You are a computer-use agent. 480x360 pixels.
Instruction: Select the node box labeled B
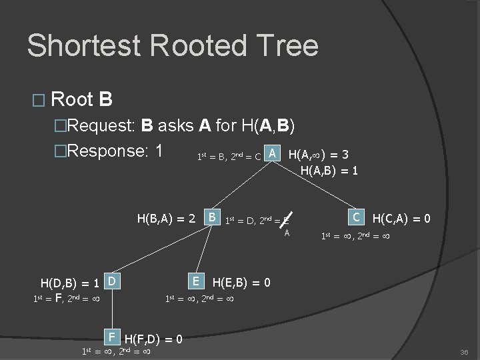pyautogui.click(x=211, y=217)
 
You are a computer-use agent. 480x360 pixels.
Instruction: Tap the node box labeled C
pyautogui.click(x=357, y=217)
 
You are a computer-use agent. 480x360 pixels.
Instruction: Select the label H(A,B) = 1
pyautogui.click(x=329, y=171)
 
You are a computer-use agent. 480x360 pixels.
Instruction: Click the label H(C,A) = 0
pyautogui.click(x=401, y=218)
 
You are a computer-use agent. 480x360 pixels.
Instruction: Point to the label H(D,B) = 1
pyautogui.click(x=69, y=283)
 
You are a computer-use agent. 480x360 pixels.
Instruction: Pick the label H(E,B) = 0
pyautogui.click(x=241, y=283)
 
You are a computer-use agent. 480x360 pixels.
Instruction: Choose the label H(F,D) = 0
pyautogui.click(x=154, y=338)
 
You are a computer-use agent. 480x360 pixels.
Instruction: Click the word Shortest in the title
pyautogui.click(x=83, y=45)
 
